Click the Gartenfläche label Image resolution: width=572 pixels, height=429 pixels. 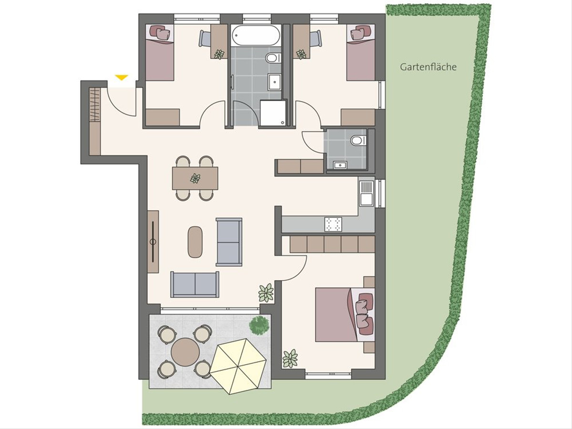pyautogui.click(x=428, y=67)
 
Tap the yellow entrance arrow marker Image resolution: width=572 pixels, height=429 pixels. pyautogui.click(x=122, y=77)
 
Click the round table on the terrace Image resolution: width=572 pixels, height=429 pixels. pyautogui.click(x=185, y=352)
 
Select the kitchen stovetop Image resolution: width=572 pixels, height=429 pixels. pyautogui.click(x=333, y=224)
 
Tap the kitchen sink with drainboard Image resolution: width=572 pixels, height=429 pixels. pyautogui.click(x=367, y=194)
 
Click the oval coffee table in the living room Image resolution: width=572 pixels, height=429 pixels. pyautogui.click(x=195, y=242)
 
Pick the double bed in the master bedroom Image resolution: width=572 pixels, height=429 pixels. pyautogui.click(x=345, y=315)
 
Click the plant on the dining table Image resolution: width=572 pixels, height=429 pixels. pyautogui.click(x=195, y=178)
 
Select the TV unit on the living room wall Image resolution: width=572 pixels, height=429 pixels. pyautogui.click(x=153, y=242)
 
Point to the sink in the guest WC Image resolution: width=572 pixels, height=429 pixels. pyautogui.click(x=340, y=165)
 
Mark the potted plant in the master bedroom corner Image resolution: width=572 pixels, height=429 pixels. pyautogui.click(x=290, y=358)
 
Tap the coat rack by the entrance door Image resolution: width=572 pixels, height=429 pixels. pyautogui.click(x=95, y=104)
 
